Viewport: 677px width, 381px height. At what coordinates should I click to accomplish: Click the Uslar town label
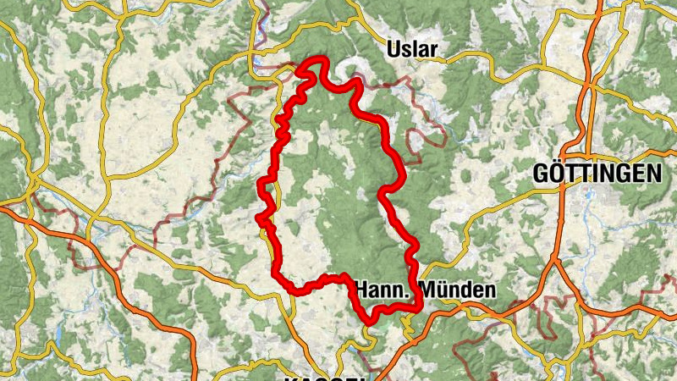[x=412, y=50]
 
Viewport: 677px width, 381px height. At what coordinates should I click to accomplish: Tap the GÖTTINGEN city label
[x=597, y=174]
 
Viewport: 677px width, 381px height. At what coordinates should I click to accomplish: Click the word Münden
[x=458, y=290]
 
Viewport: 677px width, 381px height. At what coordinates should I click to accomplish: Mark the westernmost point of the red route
[x=259, y=218]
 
